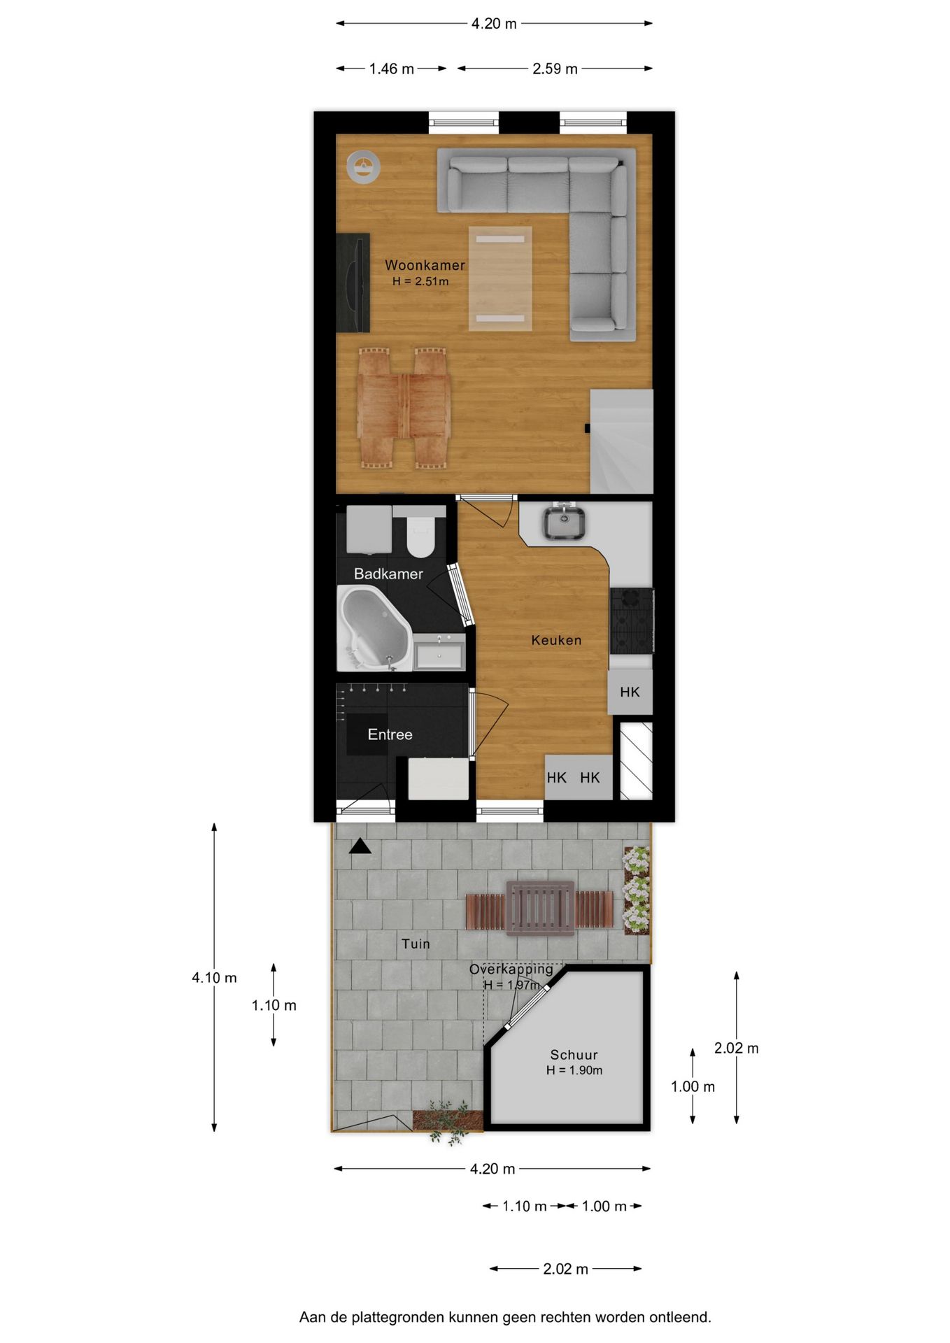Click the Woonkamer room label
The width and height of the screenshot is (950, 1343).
click(x=424, y=265)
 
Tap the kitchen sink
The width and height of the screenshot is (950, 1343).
click(x=564, y=523)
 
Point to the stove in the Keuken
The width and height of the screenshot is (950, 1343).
click(x=631, y=620)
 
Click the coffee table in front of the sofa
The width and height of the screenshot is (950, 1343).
click(x=500, y=278)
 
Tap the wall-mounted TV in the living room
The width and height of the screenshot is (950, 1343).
click(x=353, y=282)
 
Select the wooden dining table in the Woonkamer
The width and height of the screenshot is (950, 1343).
click(x=404, y=408)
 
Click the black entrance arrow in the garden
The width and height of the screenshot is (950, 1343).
click(x=360, y=846)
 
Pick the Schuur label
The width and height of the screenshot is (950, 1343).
click(x=574, y=1055)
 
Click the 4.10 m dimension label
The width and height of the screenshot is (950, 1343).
click(x=214, y=978)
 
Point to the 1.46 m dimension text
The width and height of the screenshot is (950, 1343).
click(x=391, y=69)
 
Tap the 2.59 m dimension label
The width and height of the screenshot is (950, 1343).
click(x=555, y=69)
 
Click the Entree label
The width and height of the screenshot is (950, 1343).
click(x=390, y=734)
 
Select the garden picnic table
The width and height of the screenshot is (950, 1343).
click(x=540, y=908)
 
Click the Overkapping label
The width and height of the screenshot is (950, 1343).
click(x=511, y=969)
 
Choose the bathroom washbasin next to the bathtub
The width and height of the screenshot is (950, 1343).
click(x=439, y=653)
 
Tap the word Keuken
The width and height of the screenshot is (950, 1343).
click(x=556, y=640)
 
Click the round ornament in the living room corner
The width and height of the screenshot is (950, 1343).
click(x=364, y=168)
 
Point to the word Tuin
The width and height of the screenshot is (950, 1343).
click(x=416, y=944)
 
